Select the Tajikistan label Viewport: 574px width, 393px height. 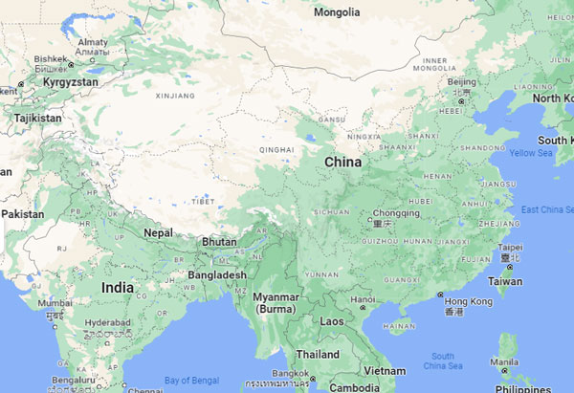coord(37,119)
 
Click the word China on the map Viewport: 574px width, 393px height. coord(342,163)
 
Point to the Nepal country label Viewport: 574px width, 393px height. coord(158,232)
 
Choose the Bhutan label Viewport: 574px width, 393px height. coord(219,242)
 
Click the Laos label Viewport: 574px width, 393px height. coord(332,321)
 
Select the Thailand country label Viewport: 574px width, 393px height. coord(317,354)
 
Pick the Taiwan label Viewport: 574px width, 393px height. coord(506,282)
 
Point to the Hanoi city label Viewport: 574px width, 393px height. coord(363,299)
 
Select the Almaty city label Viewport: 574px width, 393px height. coord(93,42)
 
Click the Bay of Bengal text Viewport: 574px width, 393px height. coord(189,381)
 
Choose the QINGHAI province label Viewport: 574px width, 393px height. coord(276,150)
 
